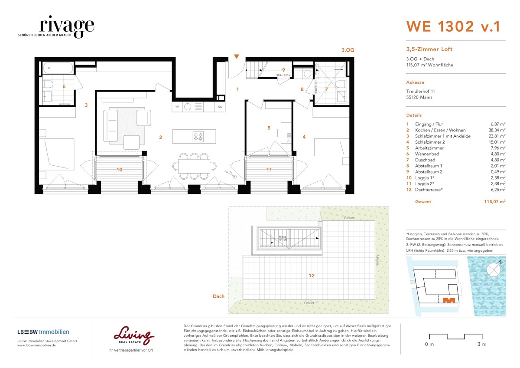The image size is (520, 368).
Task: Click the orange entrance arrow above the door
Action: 236,56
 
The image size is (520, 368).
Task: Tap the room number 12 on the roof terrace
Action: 312,276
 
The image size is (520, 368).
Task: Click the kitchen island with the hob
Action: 194,137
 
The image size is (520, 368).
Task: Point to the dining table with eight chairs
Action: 194,165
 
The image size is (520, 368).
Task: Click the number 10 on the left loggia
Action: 119,170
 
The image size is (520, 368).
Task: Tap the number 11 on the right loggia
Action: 269,170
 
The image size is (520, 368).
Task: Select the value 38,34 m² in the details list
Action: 495,130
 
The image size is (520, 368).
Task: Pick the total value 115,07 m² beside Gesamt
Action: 494,202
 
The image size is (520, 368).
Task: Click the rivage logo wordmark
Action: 66,25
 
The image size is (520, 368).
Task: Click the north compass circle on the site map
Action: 494,269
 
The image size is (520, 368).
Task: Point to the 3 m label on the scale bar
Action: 481,345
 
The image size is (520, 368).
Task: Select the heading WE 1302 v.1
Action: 453,26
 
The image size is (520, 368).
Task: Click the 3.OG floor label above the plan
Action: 348,50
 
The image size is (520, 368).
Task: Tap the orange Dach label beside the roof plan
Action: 218,296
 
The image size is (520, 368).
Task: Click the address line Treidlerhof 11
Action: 420,92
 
